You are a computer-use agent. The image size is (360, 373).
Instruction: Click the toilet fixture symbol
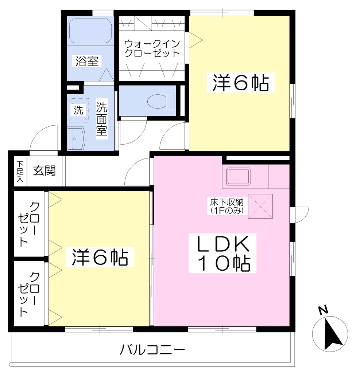(161, 101)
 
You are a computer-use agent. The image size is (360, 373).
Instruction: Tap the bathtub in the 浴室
(90, 31)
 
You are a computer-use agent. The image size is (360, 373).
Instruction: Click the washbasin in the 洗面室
(77, 138)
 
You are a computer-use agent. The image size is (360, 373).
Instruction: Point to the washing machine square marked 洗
(78, 110)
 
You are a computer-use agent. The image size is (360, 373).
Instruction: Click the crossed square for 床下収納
(260, 206)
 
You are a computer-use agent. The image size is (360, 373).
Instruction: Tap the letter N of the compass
(323, 310)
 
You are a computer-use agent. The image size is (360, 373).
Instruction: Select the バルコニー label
(152, 349)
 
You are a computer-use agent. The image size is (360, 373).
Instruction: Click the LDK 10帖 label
(222, 253)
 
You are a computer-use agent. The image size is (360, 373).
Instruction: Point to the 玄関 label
(44, 170)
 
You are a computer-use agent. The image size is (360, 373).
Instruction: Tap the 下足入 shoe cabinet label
(20, 172)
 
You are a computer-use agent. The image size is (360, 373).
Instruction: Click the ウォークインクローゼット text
(152, 48)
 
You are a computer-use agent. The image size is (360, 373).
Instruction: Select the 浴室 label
(87, 61)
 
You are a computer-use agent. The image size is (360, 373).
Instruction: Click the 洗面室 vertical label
(102, 119)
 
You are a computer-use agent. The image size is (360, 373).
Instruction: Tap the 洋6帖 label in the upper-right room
(241, 82)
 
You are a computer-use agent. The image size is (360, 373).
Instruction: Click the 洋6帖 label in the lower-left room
(100, 257)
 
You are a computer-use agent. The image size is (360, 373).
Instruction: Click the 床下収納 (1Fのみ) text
(227, 206)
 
